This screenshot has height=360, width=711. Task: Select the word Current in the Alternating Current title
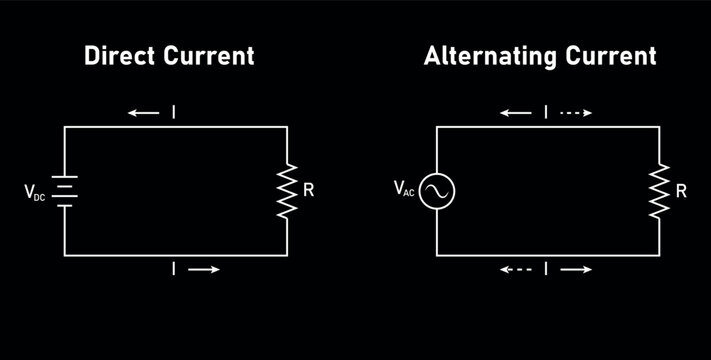[x=611, y=56]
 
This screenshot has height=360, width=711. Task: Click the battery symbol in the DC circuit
[x=66, y=189]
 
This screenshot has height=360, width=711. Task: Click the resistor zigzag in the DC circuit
[x=287, y=189]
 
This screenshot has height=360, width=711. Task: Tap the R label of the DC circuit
[x=308, y=189]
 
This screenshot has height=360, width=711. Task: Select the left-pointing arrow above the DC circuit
[x=143, y=113]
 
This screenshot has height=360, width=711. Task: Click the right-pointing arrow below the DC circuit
[x=206, y=269]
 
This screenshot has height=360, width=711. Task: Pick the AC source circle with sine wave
[x=437, y=190]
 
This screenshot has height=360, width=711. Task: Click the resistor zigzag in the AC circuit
[x=659, y=189]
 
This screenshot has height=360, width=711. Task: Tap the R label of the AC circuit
[x=681, y=189]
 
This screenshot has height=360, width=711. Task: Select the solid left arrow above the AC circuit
[x=516, y=113]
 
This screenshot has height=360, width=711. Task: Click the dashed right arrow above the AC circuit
[x=576, y=113]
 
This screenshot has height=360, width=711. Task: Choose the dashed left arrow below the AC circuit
[x=516, y=269]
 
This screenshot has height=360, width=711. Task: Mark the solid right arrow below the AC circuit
[x=576, y=269]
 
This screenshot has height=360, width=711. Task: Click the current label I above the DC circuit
[x=175, y=113]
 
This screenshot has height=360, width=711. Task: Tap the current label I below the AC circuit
[x=546, y=269]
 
